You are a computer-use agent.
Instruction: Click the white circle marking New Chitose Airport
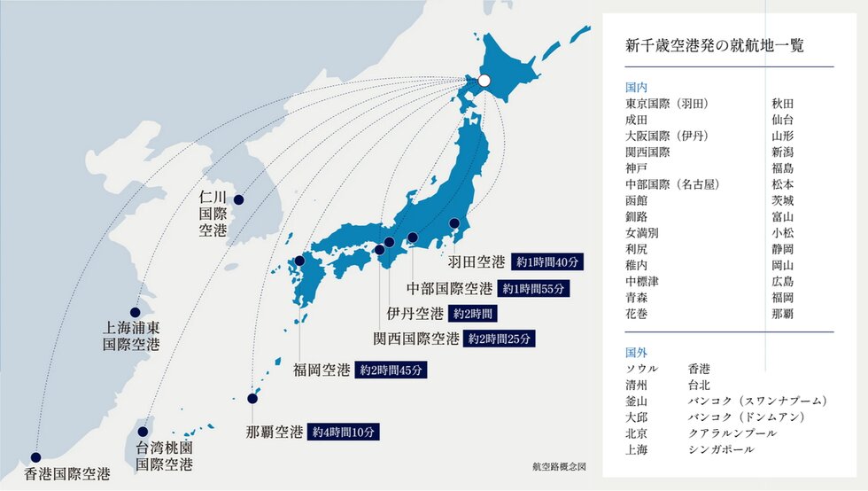484,82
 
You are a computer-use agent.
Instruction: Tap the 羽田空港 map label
476,262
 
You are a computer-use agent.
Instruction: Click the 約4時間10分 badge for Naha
345,433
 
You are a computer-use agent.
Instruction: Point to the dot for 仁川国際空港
238,200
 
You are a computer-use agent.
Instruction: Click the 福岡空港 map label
322,370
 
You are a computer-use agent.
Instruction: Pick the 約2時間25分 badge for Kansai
500,339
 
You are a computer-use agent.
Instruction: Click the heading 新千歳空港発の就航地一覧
714,45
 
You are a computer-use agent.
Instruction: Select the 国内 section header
636,88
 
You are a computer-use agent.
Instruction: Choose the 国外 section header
636,352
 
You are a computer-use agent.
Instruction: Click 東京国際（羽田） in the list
673,104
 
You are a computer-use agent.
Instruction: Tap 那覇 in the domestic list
783,314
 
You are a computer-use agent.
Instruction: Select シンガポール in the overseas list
721,449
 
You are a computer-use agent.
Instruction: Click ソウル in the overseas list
641,368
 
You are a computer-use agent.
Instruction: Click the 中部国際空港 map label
449,289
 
